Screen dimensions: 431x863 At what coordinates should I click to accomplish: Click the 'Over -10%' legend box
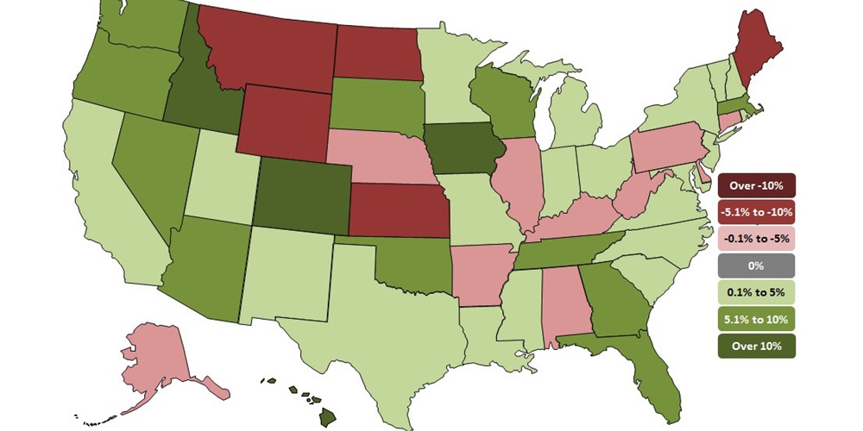click(x=755, y=185)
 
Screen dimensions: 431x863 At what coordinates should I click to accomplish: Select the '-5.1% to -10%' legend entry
click(x=755, y=211)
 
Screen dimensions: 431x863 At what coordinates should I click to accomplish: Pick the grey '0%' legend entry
click(x=755, y=265)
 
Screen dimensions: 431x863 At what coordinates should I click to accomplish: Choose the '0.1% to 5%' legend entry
click(x=755, y=292)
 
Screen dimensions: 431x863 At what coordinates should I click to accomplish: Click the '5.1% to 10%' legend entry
click(x=755, y=319)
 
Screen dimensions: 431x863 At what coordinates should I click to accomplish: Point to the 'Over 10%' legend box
click(x=755, y=346)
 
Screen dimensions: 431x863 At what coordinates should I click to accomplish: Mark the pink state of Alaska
click(x=164, y=353)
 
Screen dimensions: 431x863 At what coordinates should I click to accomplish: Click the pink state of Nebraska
click(x=380, y=155)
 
